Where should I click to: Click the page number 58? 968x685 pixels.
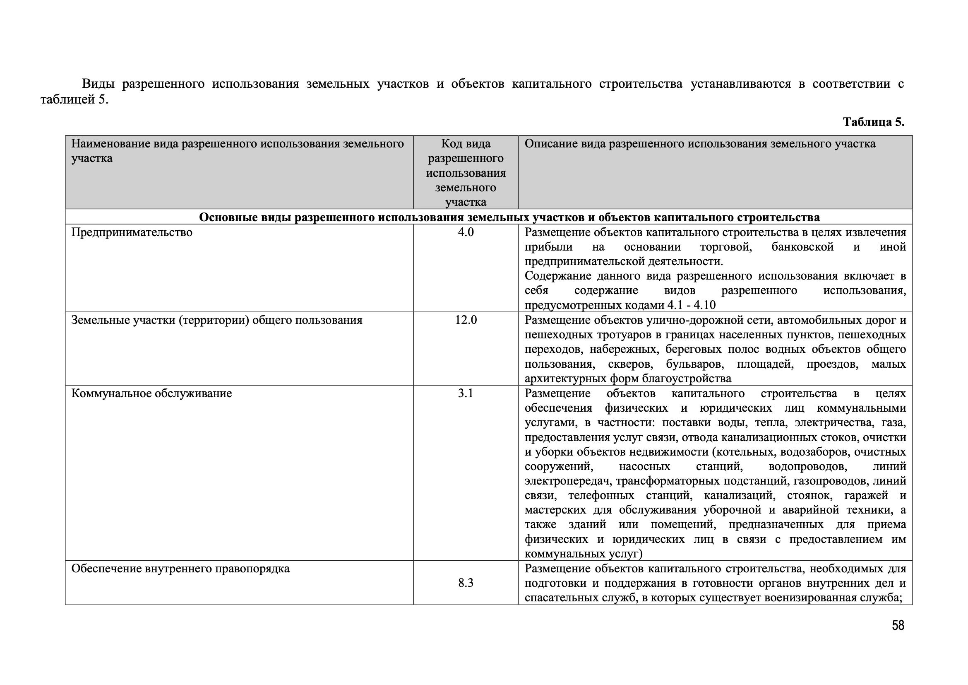pos(898,625)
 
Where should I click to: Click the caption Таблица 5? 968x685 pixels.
pos(874,122)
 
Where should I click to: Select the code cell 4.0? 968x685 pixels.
pos(466,232)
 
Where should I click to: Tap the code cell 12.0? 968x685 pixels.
pos(466,320)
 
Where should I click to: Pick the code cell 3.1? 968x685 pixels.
pos(466,393)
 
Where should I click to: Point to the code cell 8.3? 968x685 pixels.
pos(466,583)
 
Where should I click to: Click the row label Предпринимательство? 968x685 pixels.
pos(132,232)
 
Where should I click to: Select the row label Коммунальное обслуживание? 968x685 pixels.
pos(151,393)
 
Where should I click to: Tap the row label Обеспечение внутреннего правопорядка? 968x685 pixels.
pos(180,569)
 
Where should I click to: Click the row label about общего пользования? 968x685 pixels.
pos(217,320)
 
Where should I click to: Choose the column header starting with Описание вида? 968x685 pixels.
pos(700,144)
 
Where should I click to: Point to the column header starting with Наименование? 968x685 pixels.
pos(238,151)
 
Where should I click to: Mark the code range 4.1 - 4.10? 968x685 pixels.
pos(692,305)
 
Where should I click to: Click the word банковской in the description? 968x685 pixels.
pos(802,247)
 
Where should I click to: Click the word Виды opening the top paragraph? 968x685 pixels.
pos(98,84)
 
